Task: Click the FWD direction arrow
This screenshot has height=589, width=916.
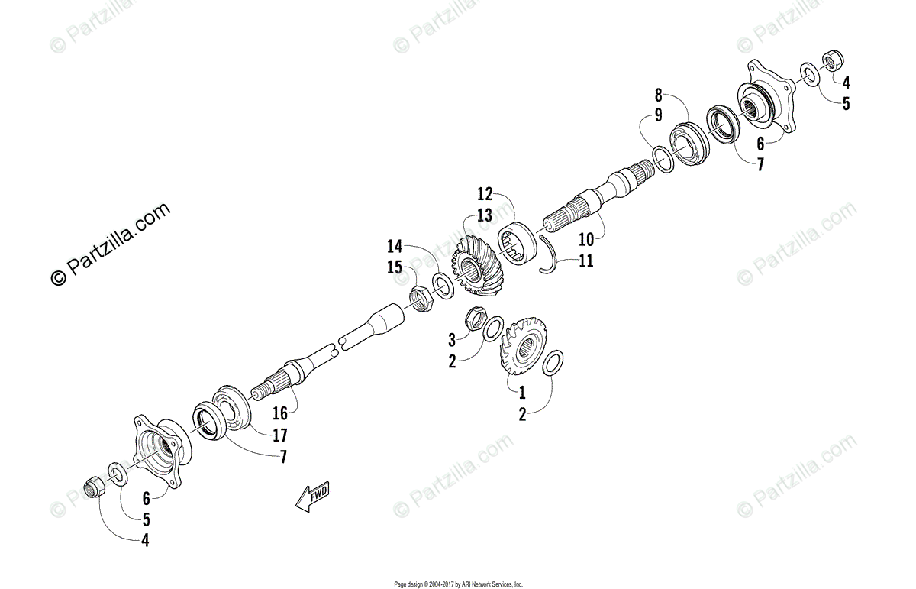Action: click(313, 497)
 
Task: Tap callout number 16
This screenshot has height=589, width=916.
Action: click(280, 413)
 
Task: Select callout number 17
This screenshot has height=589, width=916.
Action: click(280, 436)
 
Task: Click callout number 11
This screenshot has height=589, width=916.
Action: click(585, 261)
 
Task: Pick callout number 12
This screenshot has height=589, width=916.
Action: click(485, 193)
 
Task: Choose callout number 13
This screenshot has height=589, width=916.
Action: click(485, 215)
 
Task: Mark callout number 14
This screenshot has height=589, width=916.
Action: click(394, 246)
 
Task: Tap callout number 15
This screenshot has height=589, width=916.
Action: click(394, 268)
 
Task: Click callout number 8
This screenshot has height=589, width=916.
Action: click(658, 95)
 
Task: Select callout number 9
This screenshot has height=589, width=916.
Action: click(658, 117)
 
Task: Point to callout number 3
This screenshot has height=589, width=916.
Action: click(452, 338)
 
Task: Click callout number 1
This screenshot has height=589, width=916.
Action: click(522, 393)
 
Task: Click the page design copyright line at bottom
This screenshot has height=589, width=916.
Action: click(458, 584)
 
